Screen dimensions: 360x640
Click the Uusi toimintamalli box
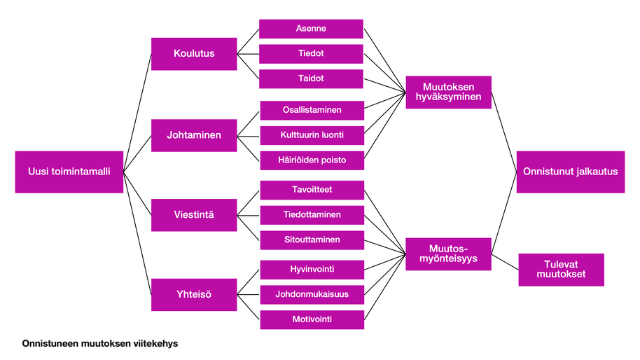pos(69,172)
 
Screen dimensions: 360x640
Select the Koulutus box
pos(194,53)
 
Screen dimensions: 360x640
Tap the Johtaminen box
pos(194,134)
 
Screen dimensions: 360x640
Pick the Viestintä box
pos(194,214)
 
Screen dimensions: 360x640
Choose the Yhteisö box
pos(194,294)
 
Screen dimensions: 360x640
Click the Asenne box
pos(311,29)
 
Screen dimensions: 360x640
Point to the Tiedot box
pos(311,54)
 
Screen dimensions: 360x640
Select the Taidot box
pos(311,79)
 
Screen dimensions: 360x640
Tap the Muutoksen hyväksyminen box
pos(448,92)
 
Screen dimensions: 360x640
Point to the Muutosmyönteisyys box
pos(448,254)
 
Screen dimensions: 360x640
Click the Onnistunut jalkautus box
pos(570,172)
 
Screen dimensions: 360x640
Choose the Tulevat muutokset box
pos(560,270)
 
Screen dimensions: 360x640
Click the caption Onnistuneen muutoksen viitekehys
pos(100,344)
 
